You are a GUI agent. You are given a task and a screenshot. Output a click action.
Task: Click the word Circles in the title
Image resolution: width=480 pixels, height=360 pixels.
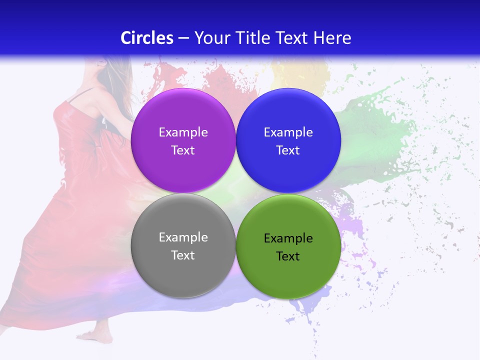tap(147, 38)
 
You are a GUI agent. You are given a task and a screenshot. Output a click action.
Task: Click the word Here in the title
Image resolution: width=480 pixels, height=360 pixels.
tap(333, 38)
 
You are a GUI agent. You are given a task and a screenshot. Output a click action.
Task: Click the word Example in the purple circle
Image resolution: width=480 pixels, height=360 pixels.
tap(183, 132)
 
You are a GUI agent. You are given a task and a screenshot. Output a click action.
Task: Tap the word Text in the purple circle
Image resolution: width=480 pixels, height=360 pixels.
tap(183, 150)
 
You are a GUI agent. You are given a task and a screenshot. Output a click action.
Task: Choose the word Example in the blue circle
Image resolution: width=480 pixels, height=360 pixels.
tap(288, 132)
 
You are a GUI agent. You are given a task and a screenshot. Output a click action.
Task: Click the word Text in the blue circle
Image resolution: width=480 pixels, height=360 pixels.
tap(288, 150)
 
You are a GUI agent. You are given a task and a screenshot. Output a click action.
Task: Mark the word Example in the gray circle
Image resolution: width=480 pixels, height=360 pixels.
tap(183, 237)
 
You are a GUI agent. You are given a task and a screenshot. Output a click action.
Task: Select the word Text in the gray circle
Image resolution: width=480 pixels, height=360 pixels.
tap(183, 255)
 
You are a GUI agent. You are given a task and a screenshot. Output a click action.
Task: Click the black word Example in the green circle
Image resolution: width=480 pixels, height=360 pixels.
tap(288, 238)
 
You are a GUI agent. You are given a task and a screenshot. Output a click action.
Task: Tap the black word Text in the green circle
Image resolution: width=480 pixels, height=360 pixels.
tap(288, 256)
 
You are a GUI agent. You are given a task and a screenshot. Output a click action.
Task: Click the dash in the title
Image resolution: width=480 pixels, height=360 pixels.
tap(183, 38)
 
